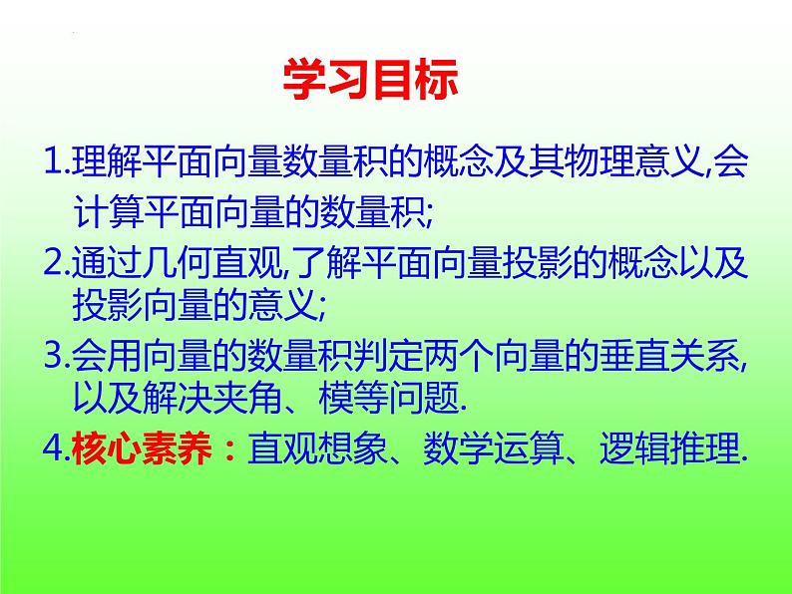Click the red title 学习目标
pos(371,81)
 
